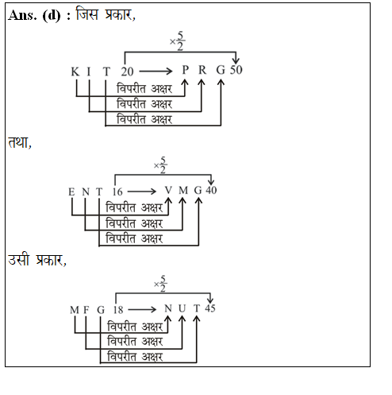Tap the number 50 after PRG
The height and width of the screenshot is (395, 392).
coord(236,71)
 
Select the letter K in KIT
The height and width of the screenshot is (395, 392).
coord(75,72)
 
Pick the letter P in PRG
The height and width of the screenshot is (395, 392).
coord(185,72)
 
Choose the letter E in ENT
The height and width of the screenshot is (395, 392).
coord(71,191)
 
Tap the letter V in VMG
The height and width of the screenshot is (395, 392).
coord(168,191)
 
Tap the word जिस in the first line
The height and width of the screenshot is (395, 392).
coord(87,14)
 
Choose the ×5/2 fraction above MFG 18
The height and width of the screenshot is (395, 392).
coord(159,281)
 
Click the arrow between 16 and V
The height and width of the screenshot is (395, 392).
coord(144,191)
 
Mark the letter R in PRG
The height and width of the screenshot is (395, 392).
coord(202,72)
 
